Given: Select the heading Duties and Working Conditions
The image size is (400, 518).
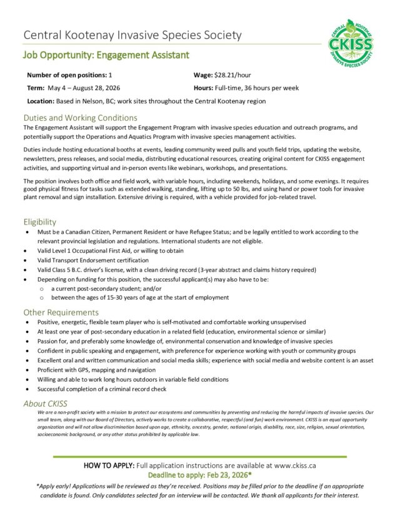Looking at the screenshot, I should tap(80, 117).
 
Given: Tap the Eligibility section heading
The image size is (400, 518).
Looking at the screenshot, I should tap(40, 221).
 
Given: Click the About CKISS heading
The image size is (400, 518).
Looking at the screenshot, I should tap(45, 404).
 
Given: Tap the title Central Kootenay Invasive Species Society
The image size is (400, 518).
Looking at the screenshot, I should tap(132, 35).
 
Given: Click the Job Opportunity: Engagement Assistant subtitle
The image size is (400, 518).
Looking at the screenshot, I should tap(106, 55).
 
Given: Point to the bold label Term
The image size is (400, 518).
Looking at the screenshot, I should tap(36, 88).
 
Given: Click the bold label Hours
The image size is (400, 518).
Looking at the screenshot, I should tap(204, 88).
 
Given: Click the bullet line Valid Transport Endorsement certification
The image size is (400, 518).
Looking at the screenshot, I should tap(102, 260).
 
